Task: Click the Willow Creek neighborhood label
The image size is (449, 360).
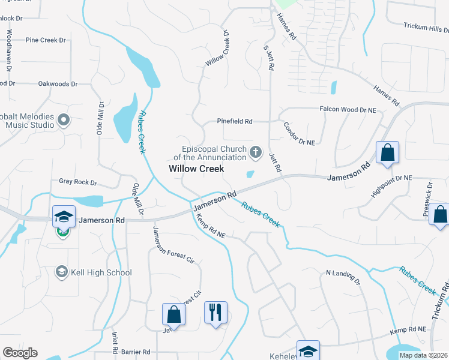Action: (196, 169)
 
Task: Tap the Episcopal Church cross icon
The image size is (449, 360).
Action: (256, 152)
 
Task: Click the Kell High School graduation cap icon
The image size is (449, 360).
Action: (61, 272)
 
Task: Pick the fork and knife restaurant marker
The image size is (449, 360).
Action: (215, 313)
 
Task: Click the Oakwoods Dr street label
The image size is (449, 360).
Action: (58, 84)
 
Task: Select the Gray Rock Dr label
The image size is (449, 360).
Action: (77, 181)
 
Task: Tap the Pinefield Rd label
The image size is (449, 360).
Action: (235, 121)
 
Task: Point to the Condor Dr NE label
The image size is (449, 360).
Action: (299, 138)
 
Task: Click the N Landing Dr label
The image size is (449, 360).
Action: (342, 277)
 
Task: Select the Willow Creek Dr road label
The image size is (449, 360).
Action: (218, 50)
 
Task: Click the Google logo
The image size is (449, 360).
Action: (20, 353)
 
